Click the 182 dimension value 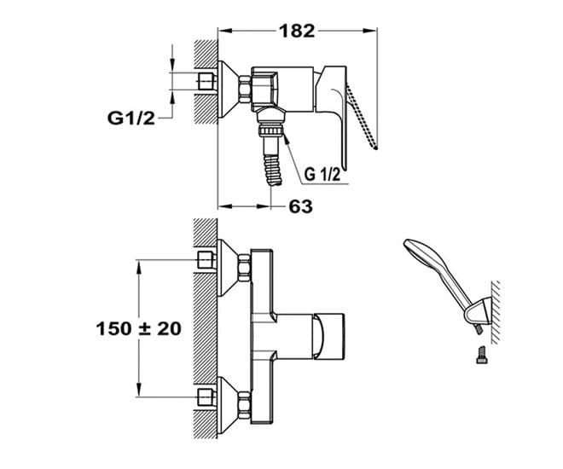tap(297, 31)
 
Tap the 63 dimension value tap(300, 206)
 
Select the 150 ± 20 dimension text tap(138, 328)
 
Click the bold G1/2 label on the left tap(131, 118)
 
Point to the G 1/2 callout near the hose tap(322, 175)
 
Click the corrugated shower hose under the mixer tap(272, 170)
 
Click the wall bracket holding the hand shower tap(477, 311)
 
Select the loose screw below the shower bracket tap(482, 355)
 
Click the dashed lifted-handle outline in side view tap(362, 117)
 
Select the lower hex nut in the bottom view tap(244, 406)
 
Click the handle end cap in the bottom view tap(328, 336)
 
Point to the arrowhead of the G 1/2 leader tap(286, 137)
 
